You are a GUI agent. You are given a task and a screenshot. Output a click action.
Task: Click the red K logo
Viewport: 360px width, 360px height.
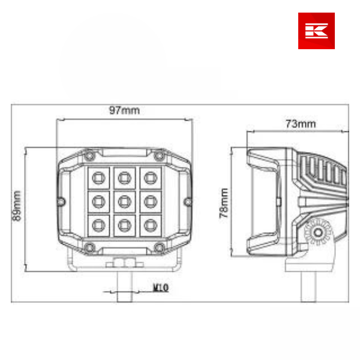pos(316,31)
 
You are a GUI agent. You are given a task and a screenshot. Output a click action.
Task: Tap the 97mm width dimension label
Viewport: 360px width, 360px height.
pos(124,110)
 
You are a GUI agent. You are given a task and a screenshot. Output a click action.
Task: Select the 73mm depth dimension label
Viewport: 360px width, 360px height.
pos(300,124)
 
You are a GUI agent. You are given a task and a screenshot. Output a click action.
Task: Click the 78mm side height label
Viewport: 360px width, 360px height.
pos(224,203)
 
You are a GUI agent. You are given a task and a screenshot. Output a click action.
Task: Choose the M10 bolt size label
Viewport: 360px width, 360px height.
pos(160,288)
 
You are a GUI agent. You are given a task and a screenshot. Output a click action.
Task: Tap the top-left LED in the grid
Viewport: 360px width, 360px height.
pos(97,176)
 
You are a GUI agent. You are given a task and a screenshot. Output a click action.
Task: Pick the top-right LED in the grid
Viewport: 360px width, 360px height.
pos(149,176)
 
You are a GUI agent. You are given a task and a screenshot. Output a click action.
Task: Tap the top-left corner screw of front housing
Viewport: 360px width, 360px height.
pos(89,156)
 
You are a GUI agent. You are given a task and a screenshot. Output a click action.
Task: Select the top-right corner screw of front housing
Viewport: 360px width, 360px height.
pos(159,156)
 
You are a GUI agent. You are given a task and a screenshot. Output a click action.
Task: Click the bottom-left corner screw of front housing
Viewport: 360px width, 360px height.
pos(89,247)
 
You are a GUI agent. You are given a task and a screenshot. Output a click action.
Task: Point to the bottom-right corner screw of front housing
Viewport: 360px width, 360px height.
pos(159,247)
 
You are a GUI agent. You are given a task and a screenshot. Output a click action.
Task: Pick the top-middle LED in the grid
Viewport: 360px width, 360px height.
pos(124,176)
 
